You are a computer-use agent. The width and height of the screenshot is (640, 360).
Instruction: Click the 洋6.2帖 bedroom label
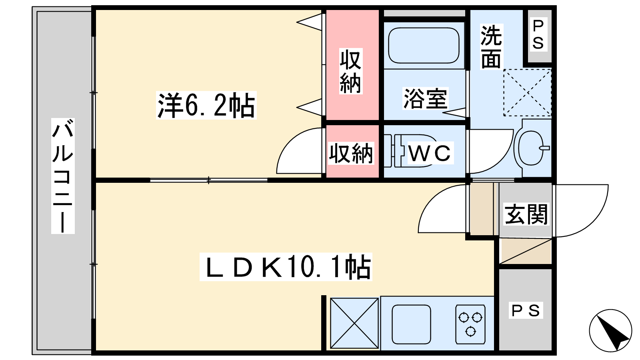(x=206, y=105)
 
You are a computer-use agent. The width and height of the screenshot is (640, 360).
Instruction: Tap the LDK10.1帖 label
(x=286, y=267)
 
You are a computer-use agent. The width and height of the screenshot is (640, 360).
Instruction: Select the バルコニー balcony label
(x=63, y=176)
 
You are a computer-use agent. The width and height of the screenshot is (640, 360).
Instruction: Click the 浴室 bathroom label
(x=425, y=98)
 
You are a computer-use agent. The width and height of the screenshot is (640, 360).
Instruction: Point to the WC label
(x=430, y=153)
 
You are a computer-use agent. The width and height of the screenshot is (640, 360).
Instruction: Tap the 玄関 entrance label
(x=526, y=214)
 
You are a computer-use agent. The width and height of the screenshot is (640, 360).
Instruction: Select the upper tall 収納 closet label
(x=350, y=71)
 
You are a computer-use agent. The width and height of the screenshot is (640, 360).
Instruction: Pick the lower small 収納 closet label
(x=351, y=153)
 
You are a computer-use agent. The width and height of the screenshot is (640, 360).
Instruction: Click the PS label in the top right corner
(x=538, y=35)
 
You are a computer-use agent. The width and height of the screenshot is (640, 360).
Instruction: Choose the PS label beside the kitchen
(x=526, y=310)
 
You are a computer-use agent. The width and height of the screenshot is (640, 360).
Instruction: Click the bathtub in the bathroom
(x=424, y=46)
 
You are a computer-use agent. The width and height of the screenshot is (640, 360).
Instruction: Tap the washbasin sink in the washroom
(x=531, y=148)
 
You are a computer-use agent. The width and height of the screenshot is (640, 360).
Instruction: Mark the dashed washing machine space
(x=528, y=92)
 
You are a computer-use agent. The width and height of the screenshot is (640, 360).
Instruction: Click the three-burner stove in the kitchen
(x=470, y=324)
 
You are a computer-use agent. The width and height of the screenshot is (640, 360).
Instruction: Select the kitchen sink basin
(x=411, y=324)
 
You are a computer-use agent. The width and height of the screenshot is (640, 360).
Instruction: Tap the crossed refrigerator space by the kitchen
(x=354, y=323)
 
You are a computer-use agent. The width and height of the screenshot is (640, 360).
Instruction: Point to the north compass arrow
(x=610, y=330)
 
